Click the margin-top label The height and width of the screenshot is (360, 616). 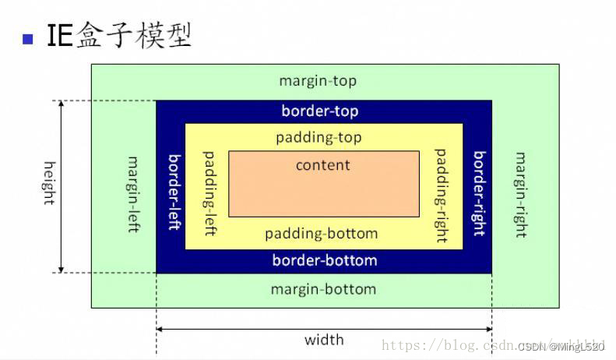click(x=318, y=81)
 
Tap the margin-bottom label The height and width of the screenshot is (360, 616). click(x=323, y=289)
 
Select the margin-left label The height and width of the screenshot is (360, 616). click(x=133, y=195)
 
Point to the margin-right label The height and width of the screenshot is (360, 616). click(x=519, y=195)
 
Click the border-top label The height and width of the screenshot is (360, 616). click(x=320, y=111)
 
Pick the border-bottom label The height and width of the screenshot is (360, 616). click(x=325, y=260)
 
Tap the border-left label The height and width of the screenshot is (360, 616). click(x=175, y=191)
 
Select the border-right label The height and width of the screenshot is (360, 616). click(x=479, y=193)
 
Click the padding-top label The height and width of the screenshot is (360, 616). click(x=319, y=138)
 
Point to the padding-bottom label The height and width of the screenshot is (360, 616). click(x=321, y=234)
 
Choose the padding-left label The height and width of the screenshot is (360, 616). click(x=209, y=193)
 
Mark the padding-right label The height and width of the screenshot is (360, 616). click(x=441, y=195)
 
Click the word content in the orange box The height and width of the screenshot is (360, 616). click(x=323, y=165)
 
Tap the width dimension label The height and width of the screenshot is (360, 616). click(x=324, y=340)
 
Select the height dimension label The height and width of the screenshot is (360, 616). click(x=49, y=183)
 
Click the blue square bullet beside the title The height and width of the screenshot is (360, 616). click(x=29, y=38)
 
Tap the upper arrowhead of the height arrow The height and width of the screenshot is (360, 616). click(x=62, y=106)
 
